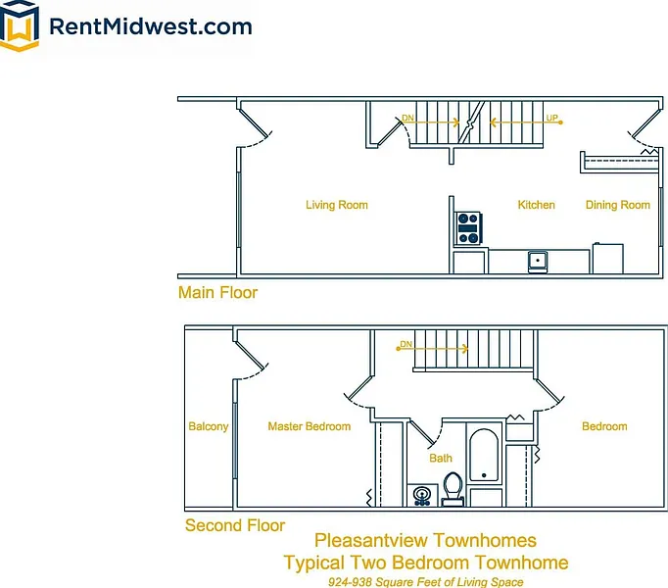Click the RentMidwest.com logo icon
pyautogui.click(x=20, y=26)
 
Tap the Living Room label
pyautogui.click(x=336, y=205)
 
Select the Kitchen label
pyautogui.click(x=536, y=205)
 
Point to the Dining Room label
pyautogui.click(x=617, y=205)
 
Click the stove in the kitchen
pyautogui.click(x=469, y=228)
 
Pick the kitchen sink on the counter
pyautogui.click(x=537, y=260)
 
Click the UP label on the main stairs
pyautogui.click(x=552, y=119)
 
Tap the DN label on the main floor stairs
pyautogui.click(x=407, y=119)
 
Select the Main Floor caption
pyautogui.click(x=217, y=292)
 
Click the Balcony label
pyautogui.click(x=208, y=426)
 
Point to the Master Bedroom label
pyautogui.click(x=309, y=426)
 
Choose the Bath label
pyautogui.click(x=441, y=458)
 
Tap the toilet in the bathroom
pyautogui.click(x=453, y=487)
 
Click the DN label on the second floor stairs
pyautogui.click(x=406, y=345)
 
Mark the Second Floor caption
pyautogui.click(x=235, y=525)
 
